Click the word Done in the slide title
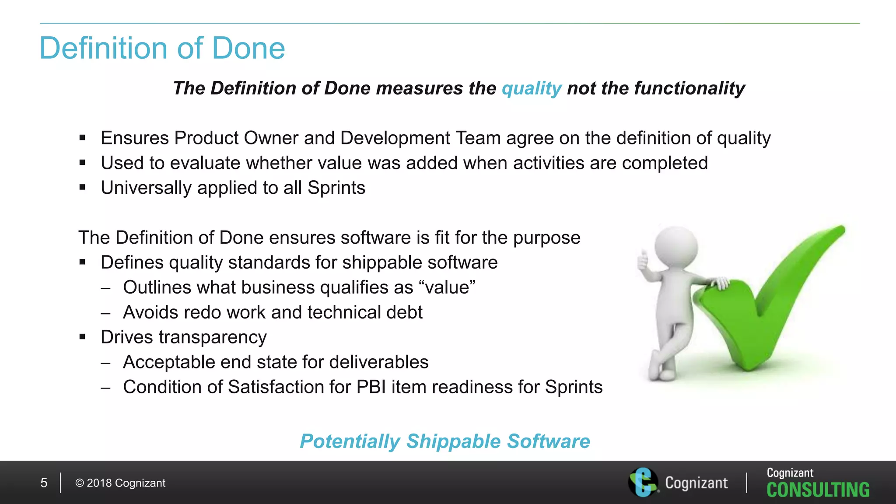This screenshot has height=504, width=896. pos(248,48)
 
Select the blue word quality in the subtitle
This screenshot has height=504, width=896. pos(531,89)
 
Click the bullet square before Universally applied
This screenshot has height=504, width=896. pos(82,188)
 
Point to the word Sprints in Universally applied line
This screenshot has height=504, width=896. pos(336,188)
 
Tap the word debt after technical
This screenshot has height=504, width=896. pos(404,312)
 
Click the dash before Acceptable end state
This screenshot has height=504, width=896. pos(105,363)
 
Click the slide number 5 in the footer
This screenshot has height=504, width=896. pos(44,483)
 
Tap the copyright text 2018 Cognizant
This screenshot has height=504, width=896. pos(121,483)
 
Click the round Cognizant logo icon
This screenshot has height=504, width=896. pos(643,482)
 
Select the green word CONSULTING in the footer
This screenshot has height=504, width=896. pos(818,490)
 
